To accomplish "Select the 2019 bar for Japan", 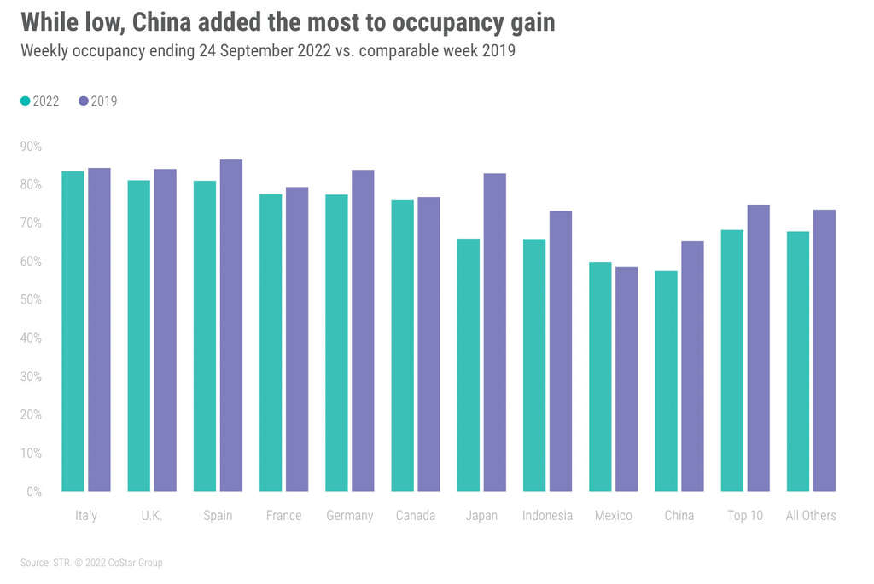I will [494, 332].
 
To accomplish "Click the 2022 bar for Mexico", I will [600, 376].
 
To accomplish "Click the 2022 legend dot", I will [26, 101].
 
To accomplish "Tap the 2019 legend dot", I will [84, 101].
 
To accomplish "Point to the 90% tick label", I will [31, 147].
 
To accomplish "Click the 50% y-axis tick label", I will [31, 300].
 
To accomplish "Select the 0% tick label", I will [34, 492].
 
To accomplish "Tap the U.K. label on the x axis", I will [152, 516].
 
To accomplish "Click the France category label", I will [283, 516].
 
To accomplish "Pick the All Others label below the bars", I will [811, 516].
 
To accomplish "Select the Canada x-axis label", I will [416, 516].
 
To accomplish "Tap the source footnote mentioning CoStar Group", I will [91, 563].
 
